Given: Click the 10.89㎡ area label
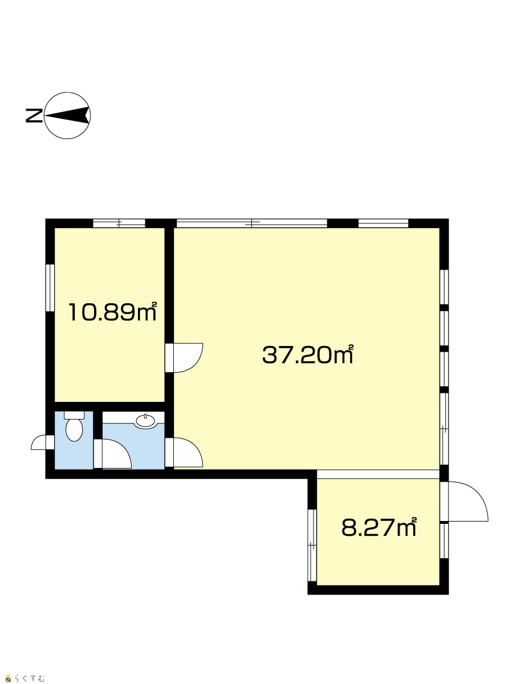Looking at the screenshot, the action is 112,312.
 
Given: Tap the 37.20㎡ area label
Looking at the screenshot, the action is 308,355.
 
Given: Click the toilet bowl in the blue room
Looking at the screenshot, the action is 74,429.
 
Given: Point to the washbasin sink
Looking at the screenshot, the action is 145,421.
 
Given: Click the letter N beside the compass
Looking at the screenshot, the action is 34,116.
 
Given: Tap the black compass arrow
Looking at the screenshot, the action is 67,115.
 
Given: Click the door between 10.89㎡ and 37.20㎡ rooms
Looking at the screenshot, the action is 184,358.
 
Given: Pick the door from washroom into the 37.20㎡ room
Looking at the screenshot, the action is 184,453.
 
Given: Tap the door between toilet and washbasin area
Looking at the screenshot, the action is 113,454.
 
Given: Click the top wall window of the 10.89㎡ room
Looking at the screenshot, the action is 119,223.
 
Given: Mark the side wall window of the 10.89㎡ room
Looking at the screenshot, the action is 50,288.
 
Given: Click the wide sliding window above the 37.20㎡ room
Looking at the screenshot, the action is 252,223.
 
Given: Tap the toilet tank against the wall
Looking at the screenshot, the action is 74,415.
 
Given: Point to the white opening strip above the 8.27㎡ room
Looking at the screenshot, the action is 378,474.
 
